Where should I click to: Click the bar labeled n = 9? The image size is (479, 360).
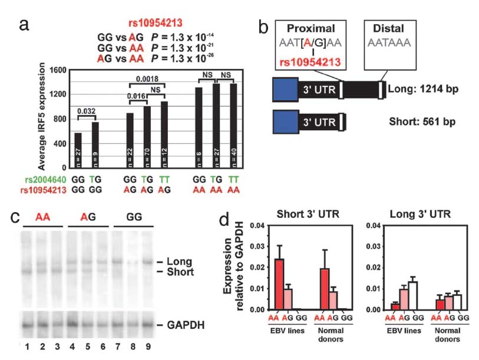click(x=95, y=144)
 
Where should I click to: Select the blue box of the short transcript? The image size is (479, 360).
click(x=287, y=123)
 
